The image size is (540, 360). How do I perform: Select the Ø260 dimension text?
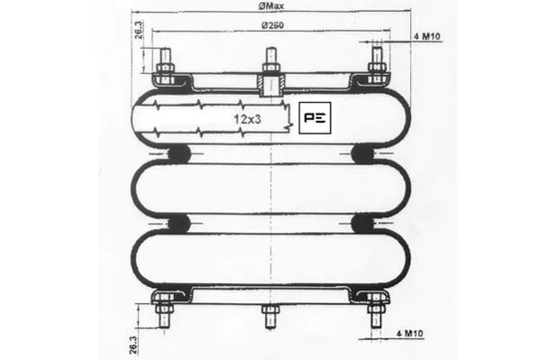click(272, 23)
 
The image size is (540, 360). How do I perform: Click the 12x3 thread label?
click(248, 118)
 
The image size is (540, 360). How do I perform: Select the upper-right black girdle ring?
click(364, 154)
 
